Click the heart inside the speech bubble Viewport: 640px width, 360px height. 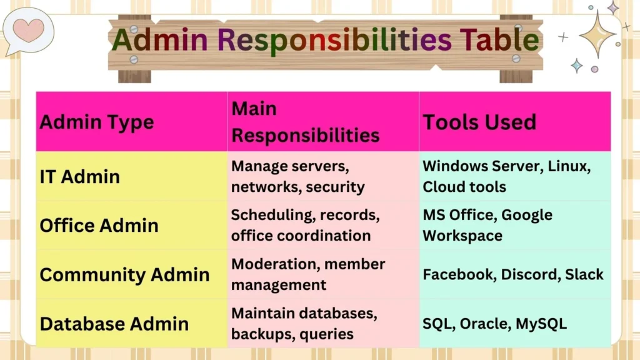[x=28, y=29]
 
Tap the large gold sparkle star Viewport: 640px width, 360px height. [x=597, y=34]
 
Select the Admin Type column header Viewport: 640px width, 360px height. [x=96, y=122]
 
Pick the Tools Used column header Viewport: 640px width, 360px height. [x=479, y=122]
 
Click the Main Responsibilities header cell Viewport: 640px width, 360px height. [x=305, y=122]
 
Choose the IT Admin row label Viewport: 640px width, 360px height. [x=79, y=176]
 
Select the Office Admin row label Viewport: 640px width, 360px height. [x=99, y=225]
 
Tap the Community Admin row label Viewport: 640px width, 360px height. [x=124, y=274]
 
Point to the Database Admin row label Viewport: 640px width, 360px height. [x=114, y=324]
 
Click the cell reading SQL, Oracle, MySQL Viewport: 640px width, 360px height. [x=494, y=324]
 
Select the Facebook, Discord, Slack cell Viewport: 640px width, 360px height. [x=513, y=274]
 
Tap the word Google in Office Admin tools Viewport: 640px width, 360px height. [x=527, y=215]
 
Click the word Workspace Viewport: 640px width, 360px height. [x=462, y=236]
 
